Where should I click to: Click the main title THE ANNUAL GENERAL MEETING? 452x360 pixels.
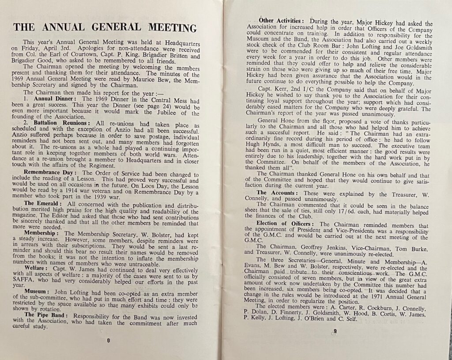click(105, 28)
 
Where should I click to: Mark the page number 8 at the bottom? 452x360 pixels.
click(108, 340)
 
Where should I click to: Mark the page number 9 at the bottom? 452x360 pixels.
click(335, 332)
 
